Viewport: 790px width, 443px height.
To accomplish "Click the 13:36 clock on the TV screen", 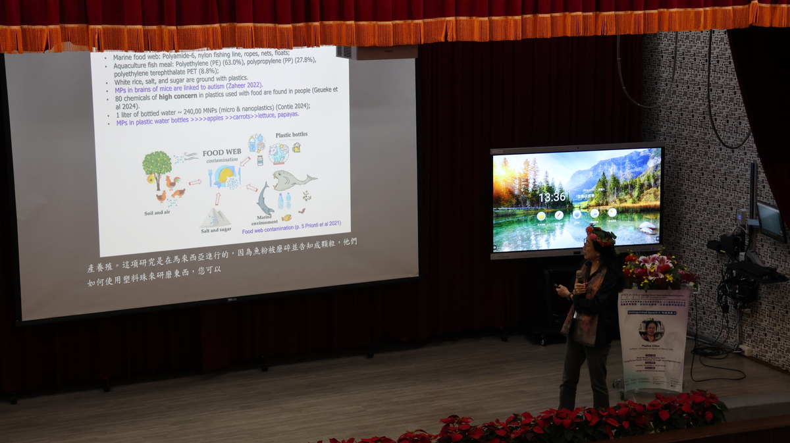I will click(552, 197).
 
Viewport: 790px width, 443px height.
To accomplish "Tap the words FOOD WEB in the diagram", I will click(221, 153).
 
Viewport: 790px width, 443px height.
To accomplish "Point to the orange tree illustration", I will click(157, 165).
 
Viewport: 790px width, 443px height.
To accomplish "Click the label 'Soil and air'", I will click(162, 213).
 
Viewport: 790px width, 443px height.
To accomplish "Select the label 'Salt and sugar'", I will click(216, 230).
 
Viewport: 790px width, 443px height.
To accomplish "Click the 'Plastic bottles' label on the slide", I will click(291, 135).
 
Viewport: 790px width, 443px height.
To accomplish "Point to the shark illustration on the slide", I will click(265, 197).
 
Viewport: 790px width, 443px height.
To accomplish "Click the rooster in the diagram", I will click(172, 182).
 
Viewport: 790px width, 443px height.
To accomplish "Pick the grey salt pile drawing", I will click(215, 217).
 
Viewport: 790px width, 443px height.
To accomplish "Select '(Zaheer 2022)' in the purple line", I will click(244, 85).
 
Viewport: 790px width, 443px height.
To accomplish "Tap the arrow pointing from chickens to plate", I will click(195, 182).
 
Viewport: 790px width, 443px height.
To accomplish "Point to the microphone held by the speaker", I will click(578, 276).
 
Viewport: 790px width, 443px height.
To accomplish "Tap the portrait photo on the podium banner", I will click(651, 330).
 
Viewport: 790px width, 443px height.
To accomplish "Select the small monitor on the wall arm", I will click(769, 221).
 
